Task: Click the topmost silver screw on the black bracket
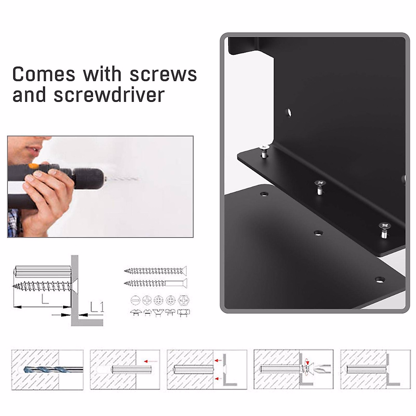(x=264, y=150)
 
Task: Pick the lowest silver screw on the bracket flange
(x=384, y=229)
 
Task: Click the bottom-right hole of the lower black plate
(x=380, y=279)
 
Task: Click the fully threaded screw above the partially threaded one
(x=155, y=270)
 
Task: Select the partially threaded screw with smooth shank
(x=155, y=283)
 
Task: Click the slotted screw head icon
(x=135, y=300)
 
